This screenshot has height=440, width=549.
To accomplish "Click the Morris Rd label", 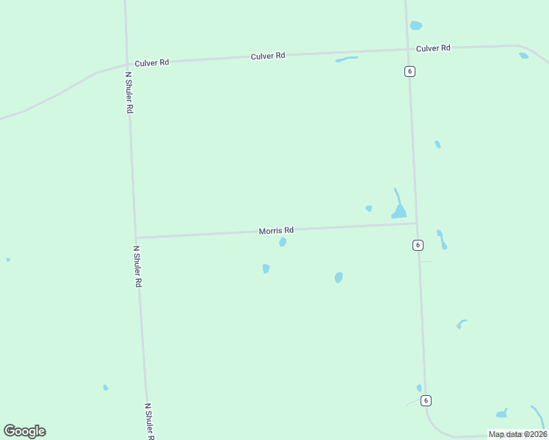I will (276, 230).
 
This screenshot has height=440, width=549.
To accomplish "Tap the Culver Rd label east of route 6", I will (433, 48).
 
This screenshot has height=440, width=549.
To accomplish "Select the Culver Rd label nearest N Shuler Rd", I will (152, 62).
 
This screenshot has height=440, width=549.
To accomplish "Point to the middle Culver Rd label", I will (267, 56).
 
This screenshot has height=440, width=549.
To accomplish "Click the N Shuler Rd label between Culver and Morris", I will (129, 92).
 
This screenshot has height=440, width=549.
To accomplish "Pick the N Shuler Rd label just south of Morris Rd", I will (137, 265).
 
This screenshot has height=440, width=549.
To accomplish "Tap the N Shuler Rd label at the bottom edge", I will (149, 421).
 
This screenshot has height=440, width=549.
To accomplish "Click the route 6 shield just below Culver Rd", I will (410, 71).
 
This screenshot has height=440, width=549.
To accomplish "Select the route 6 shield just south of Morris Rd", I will (418, 245).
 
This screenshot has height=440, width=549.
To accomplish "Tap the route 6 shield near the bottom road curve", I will (426, 400).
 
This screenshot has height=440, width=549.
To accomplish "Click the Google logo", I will (24, 431).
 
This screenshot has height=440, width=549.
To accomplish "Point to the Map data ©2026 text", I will (517, 434).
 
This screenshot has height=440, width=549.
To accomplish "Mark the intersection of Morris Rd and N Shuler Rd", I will (136, 237).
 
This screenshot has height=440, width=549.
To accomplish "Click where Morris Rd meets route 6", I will (416, 224).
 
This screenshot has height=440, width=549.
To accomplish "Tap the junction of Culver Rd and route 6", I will (407, 50).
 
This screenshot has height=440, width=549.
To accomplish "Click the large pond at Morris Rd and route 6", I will (399, 211).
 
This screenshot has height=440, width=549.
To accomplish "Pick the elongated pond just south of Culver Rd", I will (346, 59).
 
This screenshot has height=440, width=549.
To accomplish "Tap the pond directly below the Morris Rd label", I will (283, 242).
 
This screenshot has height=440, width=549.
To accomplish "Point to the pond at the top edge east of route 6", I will (416, 26).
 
